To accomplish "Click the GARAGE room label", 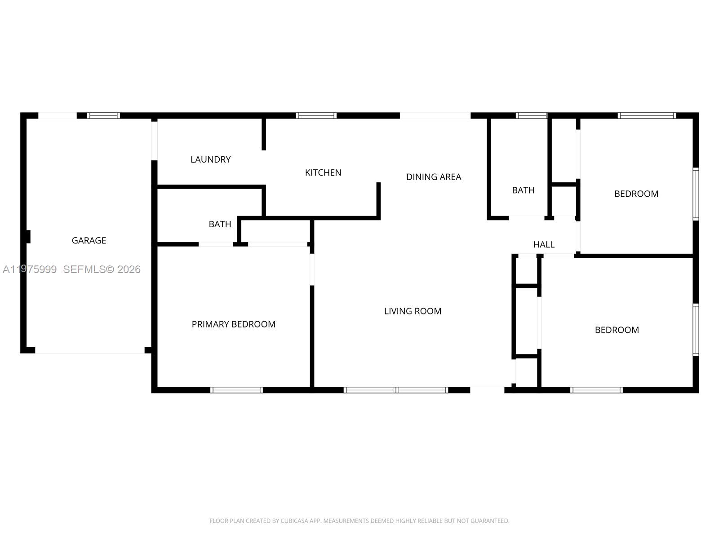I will pos(89,240).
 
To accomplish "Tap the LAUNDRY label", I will pos(210,159).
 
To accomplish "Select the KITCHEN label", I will pos(323,172).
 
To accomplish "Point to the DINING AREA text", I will pos(434,177).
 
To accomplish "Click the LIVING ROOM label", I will pos(413,311).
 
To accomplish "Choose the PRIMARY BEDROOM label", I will pos(233,324).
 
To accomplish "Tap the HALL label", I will pos(544,244).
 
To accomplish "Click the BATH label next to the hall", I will pos(523,190).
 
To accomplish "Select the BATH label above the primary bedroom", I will pos(220,224).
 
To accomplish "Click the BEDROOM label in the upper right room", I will pos(636,194).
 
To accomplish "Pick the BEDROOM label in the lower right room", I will pos(617,330).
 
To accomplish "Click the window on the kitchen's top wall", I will pos(316,115).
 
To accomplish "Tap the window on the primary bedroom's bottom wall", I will pos(236,390).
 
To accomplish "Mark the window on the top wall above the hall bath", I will pos(531,115).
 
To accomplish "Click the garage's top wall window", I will pos(103,115).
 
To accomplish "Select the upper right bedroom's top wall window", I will pos(647,115).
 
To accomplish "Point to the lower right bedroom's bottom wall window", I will pos(596,390).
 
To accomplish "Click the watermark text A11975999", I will pos(30,269).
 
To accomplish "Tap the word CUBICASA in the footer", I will pos(295,521).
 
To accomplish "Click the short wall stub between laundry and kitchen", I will pos(264,134).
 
